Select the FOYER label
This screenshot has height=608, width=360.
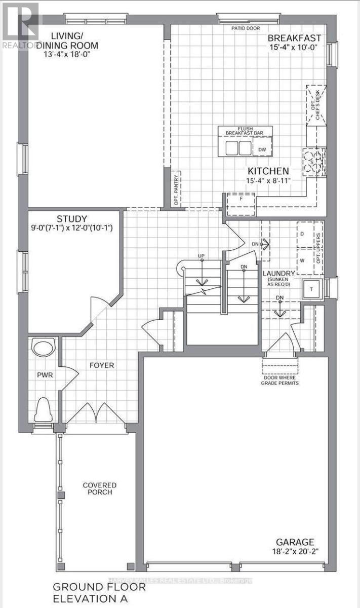pyautogui.click(x=102, y=365)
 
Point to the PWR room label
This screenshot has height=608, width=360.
pyautogui.click(x=45, y=375)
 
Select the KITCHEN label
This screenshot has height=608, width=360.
pyautogui.click(x=268, y=171)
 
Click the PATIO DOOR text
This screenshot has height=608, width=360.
pyautogui.click(x=246, y=28)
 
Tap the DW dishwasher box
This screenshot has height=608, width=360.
pyautogui.click(x=262, y=149)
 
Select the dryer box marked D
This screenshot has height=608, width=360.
pyautogui.click(x=302, y=234)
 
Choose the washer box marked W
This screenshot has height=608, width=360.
pyautogui.click(x=302, y=260)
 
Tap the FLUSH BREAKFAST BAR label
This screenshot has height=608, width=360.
pyautogui.click(x=245, y=131)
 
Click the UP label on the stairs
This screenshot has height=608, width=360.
pyautogui.click(x=202, y=255)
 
